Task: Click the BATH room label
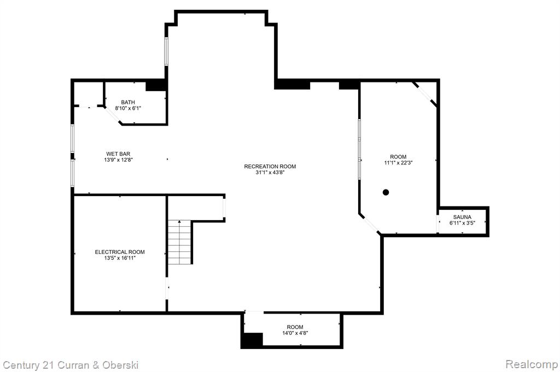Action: click(128, 102)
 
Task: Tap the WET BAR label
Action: click(118, 154)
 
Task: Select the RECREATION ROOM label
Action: click(270, 166)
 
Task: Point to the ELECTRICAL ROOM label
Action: click(120, 252)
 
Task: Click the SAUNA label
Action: click(462, 217)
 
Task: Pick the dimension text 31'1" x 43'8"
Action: click(270, 173)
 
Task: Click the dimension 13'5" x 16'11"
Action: click(120, 258)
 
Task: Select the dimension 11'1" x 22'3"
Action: click(398, 163)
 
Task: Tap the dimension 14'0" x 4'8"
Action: click(295, 333)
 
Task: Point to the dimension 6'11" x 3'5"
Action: click(462, 223)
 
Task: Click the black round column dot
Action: click(386, 192)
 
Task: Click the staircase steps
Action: click(180, 242)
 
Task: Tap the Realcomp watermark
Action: click(532, 364)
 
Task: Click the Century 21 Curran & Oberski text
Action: click(71, 365)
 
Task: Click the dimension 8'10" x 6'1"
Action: click(128, 108)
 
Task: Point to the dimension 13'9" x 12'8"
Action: click(118, 160)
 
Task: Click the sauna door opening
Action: click(438, 223)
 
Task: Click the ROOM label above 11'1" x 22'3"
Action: click(398, 157)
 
